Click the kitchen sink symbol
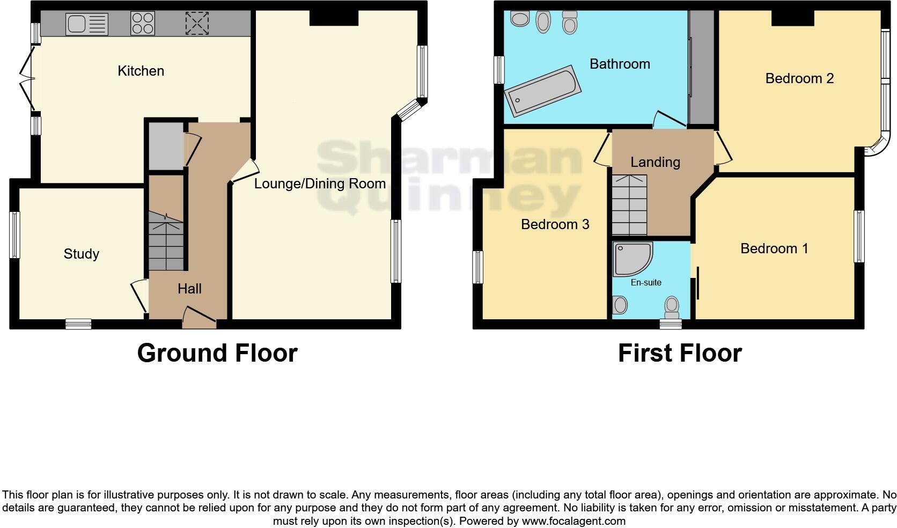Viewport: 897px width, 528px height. coord(86,24)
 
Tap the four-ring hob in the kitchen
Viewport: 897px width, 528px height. coord(143,24)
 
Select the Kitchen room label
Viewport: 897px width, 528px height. coord(141,71)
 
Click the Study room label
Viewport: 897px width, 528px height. coord(81,254)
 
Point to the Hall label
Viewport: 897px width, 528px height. coord(189,289)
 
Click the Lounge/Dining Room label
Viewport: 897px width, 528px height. coord(320,184)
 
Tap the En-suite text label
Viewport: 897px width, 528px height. coord(646,282)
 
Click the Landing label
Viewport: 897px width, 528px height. coord(655,162)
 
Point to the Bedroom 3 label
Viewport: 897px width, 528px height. coord(555,224)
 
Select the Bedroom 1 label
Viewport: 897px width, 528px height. coord(774,248)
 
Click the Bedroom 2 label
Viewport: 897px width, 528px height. coord(799,78)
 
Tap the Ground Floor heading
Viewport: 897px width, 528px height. coord(217,353)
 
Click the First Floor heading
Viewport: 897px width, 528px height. coord(679,353)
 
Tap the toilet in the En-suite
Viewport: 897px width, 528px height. coord(672,306)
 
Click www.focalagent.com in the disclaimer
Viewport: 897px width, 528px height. coord(574,520)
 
